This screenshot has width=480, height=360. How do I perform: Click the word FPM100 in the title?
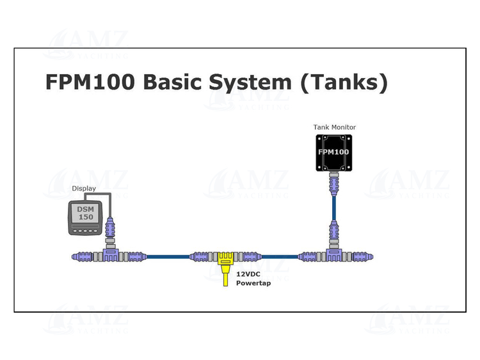click(x=90, y=82)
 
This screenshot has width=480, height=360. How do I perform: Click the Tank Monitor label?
click(x=334, y=127)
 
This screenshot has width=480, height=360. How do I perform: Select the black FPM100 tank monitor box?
click(x=333, y=152)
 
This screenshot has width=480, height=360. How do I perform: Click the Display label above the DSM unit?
click(x=84, y=189)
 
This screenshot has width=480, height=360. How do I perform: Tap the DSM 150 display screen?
click(x=85, y=213)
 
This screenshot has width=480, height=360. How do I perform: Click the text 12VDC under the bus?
click(x=248, y=274)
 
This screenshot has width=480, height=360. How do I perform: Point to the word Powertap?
click(x=253, y=283)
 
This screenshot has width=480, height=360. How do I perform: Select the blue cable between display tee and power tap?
click(x=168, y=256)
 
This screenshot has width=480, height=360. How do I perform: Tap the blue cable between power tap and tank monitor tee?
click(x=279, y=256)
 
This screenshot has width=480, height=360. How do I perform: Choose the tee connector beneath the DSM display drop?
click(x=111, y=255)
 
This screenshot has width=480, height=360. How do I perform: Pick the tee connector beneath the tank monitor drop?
click(x=333, y=255)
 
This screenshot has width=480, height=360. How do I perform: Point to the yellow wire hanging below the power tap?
click(x=225, y=278)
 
